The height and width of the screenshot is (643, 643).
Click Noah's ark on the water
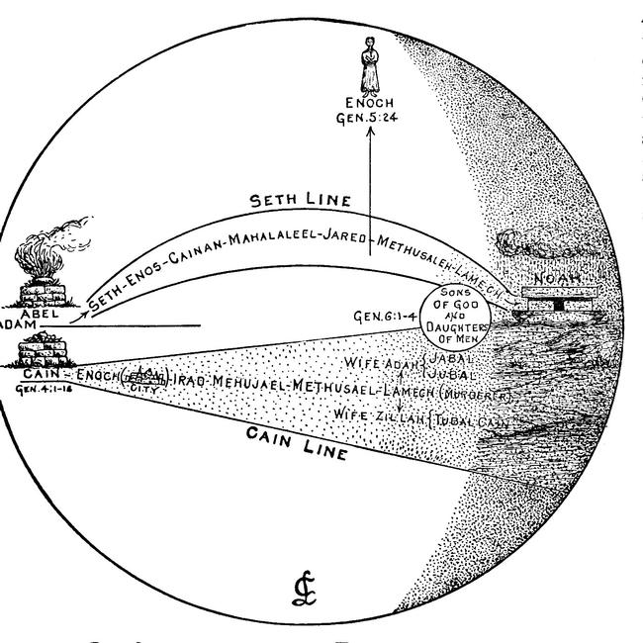coord(548,297)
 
